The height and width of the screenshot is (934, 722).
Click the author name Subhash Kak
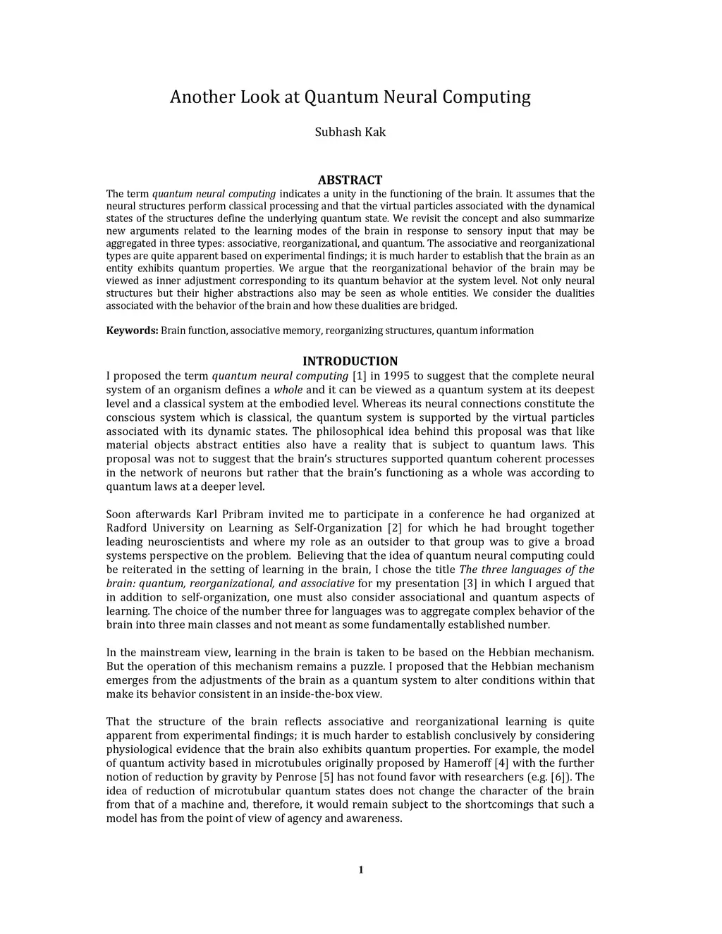pyautogui.click(x=350, y=133)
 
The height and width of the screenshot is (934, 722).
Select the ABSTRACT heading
pyautogui.click(x=350, y=180)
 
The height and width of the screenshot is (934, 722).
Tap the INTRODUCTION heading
pyautogui.click(x=350, y=361)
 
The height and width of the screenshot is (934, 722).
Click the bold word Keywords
pyautogui.click(x=132, y=331)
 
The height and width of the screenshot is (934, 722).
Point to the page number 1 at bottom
pyautogui.click(x=360, y=870)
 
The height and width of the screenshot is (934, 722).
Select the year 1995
pyautogui.click(x=399, y=376)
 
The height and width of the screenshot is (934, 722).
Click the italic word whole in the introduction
pyautogui.click(x=288, y=390)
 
